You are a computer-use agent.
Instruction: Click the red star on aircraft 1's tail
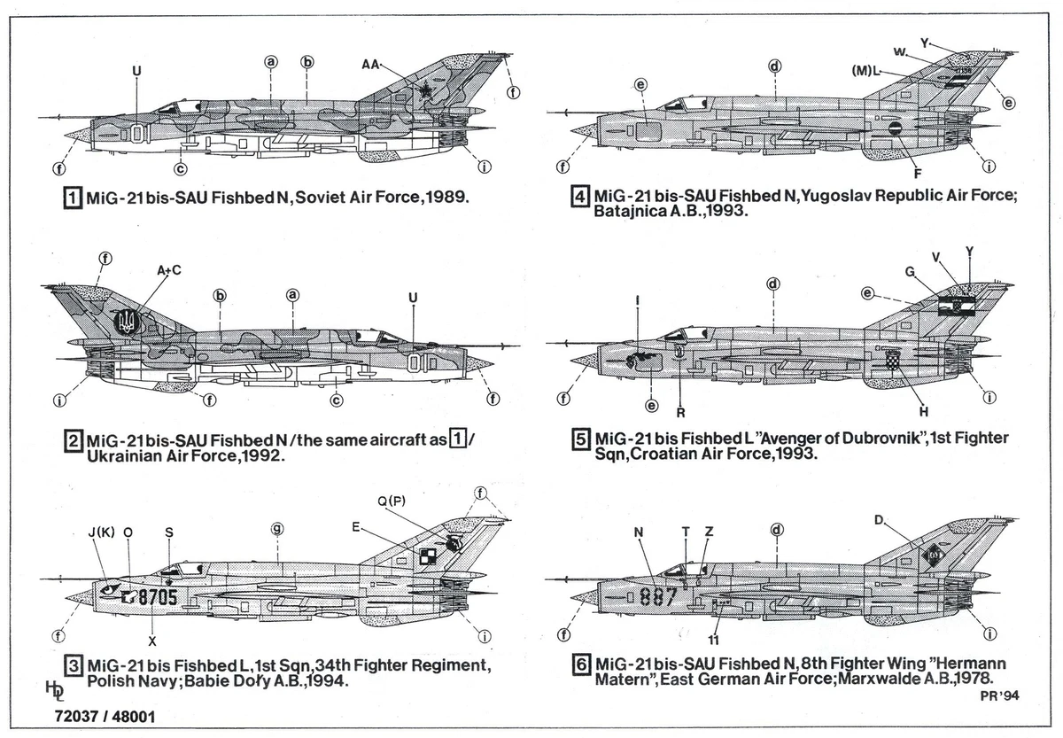[427, 89]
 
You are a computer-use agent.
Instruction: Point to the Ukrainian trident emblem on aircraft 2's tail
[125, 321]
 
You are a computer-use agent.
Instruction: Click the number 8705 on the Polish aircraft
[159, 598]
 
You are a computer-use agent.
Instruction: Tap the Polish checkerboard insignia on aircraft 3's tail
[427, 556]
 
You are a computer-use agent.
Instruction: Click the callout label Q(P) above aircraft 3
[392, 502]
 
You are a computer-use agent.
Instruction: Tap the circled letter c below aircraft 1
[180, 168]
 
